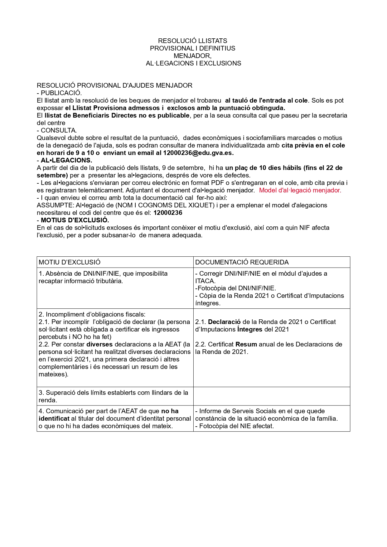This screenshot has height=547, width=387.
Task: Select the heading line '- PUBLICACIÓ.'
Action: click(59, 93)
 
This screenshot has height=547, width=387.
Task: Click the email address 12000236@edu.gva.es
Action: click(198, 153)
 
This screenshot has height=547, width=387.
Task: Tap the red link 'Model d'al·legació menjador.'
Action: click(300, 190)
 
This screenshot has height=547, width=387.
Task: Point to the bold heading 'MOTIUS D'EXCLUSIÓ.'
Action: click(75, 220)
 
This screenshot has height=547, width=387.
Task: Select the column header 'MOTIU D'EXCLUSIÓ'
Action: click(70, 262)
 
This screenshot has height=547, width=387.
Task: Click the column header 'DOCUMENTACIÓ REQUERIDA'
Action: click(242, 262)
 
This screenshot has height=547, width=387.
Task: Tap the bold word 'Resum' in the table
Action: click(246, 344)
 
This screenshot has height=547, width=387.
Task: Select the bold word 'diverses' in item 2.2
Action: click(100, 344)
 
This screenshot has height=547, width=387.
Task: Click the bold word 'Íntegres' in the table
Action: click(250, 329)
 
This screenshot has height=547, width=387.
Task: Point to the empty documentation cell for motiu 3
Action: click(271, 396)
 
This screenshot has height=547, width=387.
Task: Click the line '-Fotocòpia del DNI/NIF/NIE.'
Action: click(235, 288)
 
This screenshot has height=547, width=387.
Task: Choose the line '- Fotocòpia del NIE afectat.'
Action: click(235, 426)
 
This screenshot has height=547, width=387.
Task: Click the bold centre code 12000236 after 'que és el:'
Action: click(168, 213)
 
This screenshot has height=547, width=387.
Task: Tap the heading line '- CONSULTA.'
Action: click(57, 130)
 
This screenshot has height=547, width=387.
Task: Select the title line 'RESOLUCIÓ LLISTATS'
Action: click(192, 41)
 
